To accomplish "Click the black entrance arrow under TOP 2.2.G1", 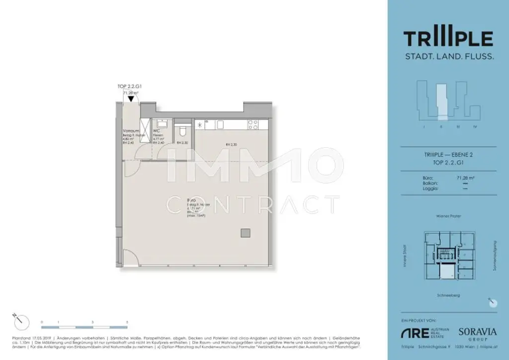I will pos(131,98).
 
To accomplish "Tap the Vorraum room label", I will pos(130,131).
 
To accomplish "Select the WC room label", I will pos(156,131).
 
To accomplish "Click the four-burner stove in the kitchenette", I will pos(252,124).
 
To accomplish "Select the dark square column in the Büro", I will pos(245,233).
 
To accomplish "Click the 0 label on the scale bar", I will pos(42,322).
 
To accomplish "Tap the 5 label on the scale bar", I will pos(127,322).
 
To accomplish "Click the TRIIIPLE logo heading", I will pos(448,38).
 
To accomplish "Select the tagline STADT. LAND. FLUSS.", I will pos(448,57).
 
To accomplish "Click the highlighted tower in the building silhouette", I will pos(439,102).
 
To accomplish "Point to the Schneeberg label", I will pos(447,295).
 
